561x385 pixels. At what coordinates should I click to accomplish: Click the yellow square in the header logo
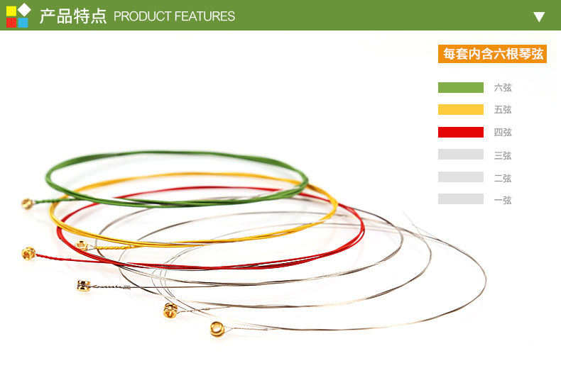tap(11, 11)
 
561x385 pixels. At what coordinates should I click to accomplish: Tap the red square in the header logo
tap(11, 23)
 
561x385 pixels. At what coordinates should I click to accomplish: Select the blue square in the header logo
tap(23, 23)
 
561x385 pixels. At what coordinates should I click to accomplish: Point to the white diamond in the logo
tap(24, 10)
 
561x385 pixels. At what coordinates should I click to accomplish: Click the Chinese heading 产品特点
tap(73, 16)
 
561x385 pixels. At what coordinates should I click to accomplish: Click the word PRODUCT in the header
tap(143, 16)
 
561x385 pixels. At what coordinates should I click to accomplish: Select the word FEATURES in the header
tap(205, 16)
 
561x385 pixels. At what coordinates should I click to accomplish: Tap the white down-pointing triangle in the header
tap(539, 17)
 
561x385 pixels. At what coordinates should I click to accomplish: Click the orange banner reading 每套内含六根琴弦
tap(492, 54)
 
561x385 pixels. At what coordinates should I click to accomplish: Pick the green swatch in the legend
tap(461, 87)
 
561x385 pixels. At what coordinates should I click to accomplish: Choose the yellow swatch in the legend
tap(461, 110)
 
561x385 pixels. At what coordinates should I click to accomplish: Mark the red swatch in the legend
tap(461, 132)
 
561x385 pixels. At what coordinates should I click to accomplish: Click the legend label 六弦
tap(503, 87)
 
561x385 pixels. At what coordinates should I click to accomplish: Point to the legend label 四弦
tap(503, 132)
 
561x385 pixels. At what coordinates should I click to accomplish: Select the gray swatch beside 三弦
tap(461, 155)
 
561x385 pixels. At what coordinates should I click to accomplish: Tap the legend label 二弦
tap(503, 178)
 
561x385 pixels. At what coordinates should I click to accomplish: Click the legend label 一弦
tap(503, 200)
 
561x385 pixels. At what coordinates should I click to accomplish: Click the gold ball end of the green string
tap(28, 203)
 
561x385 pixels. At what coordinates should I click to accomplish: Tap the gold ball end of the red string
tap(28, 253)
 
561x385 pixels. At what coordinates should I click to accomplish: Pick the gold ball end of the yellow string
tap(82, 245)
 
